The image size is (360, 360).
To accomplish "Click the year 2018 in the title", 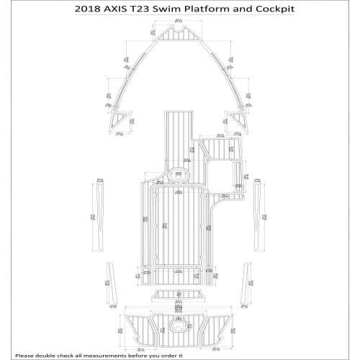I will click(x=90, y=11).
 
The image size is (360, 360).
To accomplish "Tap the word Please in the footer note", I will click(x=28, y=354).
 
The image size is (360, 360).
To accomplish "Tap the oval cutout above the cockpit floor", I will click(x=176, y=173).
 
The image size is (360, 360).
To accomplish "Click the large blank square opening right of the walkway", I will click(x=227, y=174).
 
